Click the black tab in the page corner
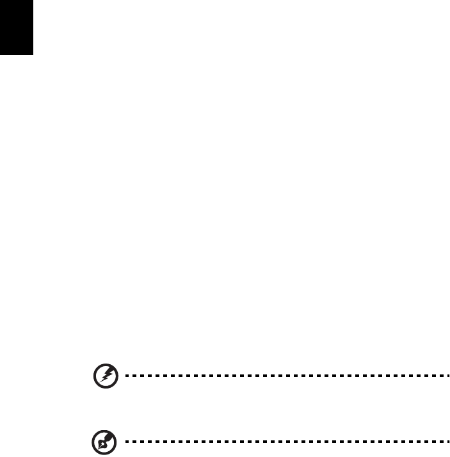tap(16, 27)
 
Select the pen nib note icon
tap(102, 441)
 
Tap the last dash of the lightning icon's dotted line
tap(447, 376)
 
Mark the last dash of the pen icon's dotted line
tap(447, 441)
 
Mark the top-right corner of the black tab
tap(32, 1)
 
